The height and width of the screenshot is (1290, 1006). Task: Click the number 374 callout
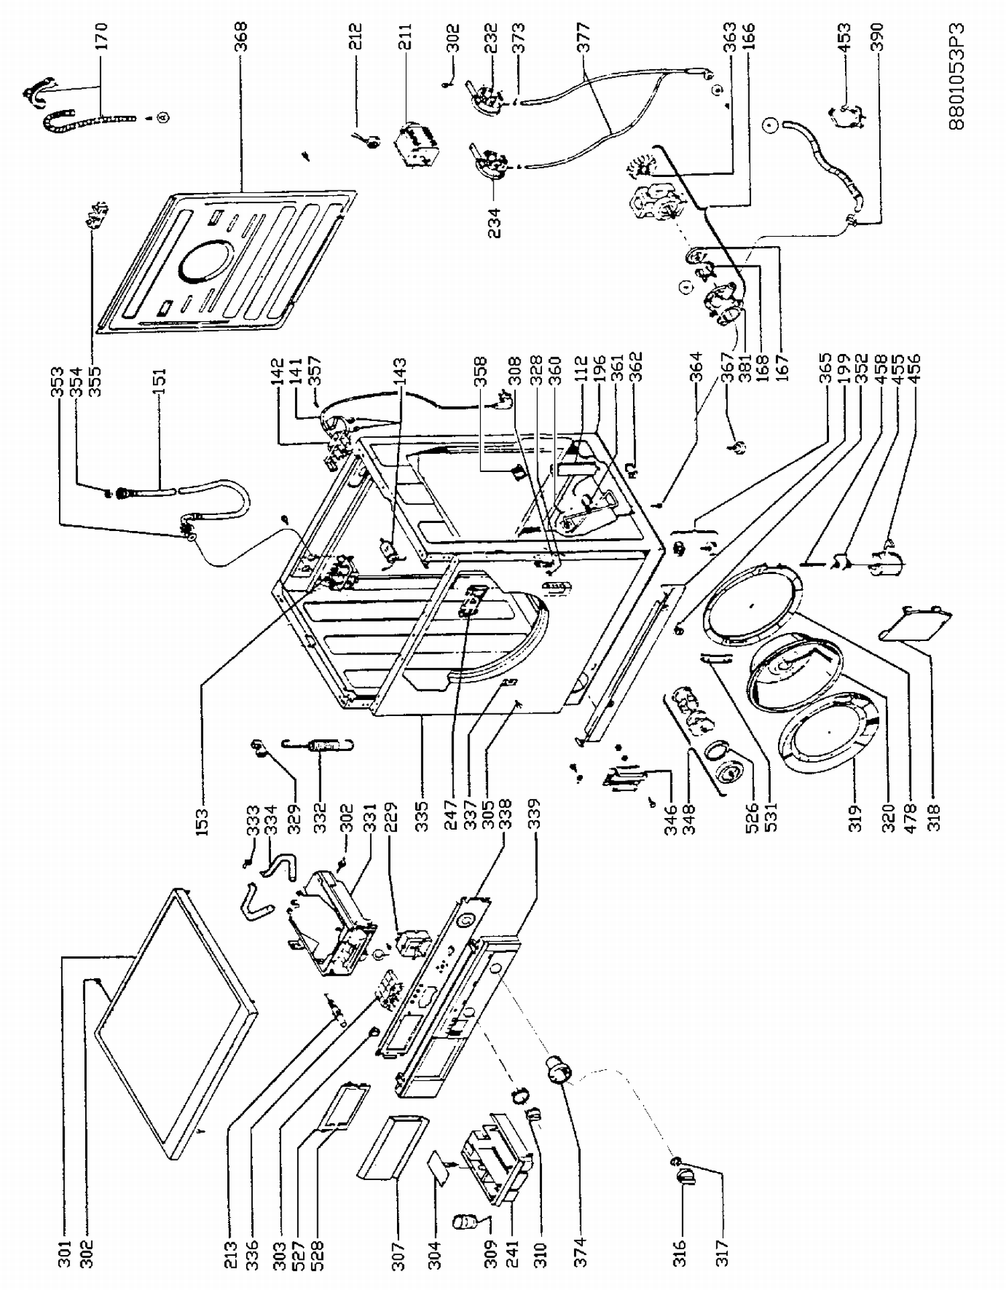581,1249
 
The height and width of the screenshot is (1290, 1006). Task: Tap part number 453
846,41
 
